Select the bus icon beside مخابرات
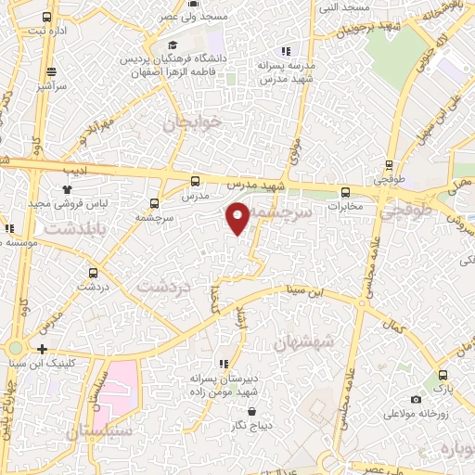(345, 192)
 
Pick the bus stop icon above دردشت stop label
(93, 273)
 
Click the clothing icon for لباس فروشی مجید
(68, 188)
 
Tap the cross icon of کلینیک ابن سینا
(43, 349)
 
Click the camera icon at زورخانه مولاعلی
(415, 399)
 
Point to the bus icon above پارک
(443, 375)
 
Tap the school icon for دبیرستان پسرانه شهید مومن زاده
(223, 364)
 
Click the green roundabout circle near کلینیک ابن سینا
(15, 350)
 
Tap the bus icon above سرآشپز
(51, 71)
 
